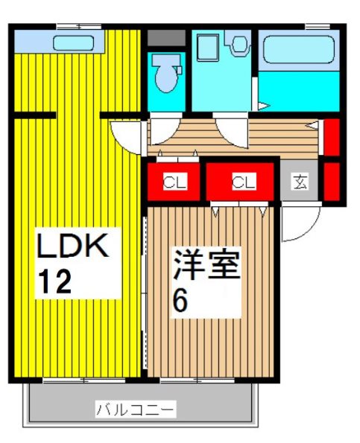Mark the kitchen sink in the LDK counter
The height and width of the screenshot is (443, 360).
(73, 42)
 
